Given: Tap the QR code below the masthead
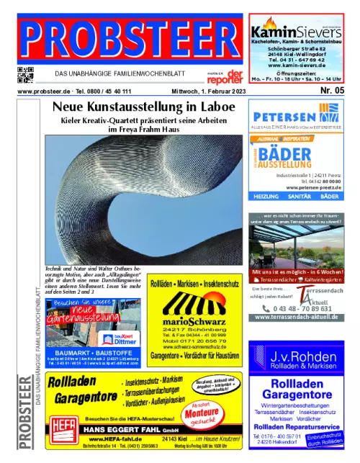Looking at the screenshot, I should [25, 74].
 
